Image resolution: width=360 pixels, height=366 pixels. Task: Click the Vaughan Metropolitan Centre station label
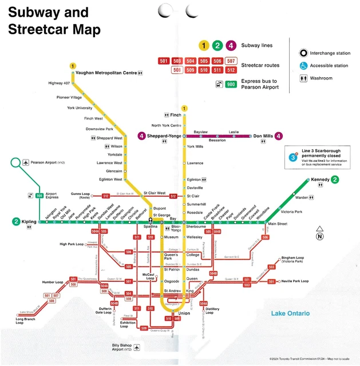[106, 73]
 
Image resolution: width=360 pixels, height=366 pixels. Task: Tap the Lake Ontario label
[291, 313]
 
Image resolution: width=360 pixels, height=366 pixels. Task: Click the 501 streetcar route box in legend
[164, 61]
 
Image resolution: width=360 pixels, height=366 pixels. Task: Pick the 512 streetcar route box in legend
[231, 70]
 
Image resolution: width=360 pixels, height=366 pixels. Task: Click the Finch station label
[175, 115]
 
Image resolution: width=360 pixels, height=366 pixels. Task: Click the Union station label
[184, 313]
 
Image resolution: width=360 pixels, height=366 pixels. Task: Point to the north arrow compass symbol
[319, 233]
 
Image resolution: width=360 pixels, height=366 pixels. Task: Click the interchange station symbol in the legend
[303, 53]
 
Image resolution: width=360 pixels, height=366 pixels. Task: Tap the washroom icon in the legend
[303, 78]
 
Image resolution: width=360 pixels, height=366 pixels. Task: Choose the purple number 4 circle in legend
[231, 46]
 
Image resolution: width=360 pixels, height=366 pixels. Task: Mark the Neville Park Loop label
[295, 281]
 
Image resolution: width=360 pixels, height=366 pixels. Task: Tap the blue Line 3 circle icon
[293, 157]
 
